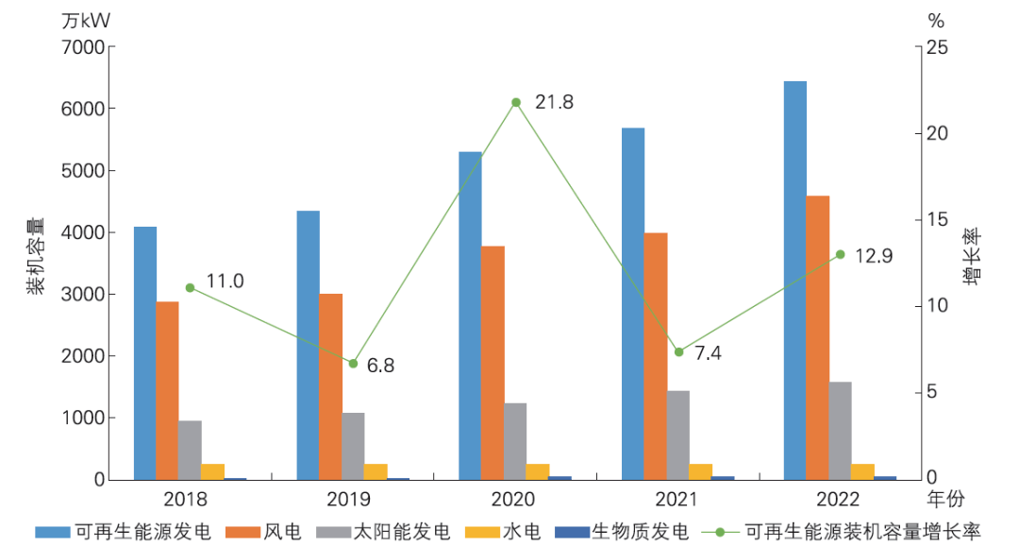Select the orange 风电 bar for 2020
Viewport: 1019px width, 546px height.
493,363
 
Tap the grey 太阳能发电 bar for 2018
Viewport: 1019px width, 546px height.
190,450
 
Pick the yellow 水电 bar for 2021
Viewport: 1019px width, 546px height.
701,471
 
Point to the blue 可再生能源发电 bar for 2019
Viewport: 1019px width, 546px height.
308,345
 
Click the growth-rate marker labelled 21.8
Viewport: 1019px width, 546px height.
516,102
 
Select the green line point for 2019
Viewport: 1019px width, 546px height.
353,363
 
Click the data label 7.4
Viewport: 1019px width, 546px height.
710,353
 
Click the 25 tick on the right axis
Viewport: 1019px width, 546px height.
938,47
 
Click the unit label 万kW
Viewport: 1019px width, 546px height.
86,20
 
